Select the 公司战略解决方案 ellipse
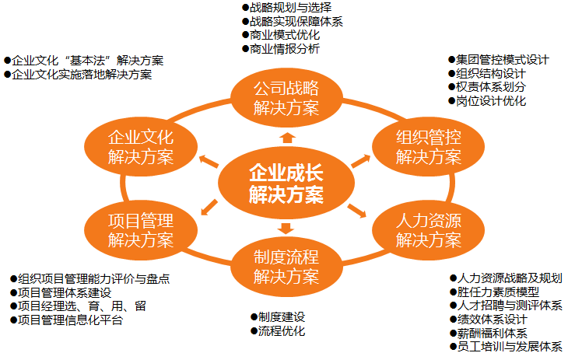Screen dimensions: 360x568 click(x=286, y=97)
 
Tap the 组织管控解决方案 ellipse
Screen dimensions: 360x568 click(x=428, y=147)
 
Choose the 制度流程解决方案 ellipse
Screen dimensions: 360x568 click(x=286, y=267)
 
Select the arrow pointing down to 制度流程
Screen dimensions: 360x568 click(x=286, y=229)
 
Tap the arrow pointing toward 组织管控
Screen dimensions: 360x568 click(x=359, y=159)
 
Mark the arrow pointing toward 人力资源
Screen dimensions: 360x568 click(x=356, y=211)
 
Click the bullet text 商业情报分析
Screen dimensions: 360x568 click(x=285, y=49)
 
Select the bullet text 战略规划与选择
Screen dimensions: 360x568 click(x=285, y=7)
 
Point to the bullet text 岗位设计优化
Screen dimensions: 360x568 click(x=491, y=102)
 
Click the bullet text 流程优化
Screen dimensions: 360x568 click(x=281, y=332)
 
